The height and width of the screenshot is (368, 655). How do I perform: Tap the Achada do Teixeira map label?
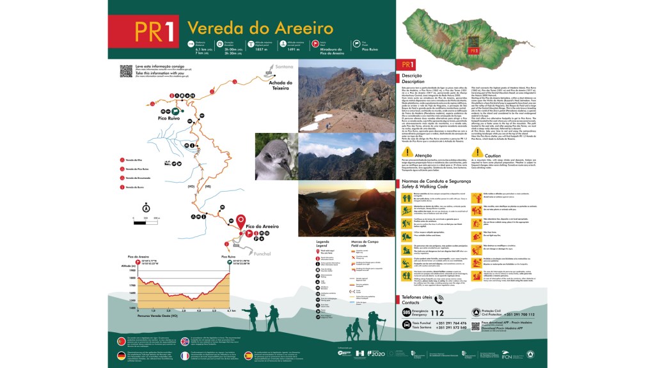pyautogui.click(x=280, y=86)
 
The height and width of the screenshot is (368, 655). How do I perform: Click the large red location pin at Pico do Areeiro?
pyautogui.click(x=241, y=222)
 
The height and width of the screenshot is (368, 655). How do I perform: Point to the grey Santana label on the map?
pyautogui.click(x=283, y=66)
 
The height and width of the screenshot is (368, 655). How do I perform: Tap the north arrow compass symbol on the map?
pyautogui.click(x=146, y=207)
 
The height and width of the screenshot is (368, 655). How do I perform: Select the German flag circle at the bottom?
pyautogui.click(x=121, y=355)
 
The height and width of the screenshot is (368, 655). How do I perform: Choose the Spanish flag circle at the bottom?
pyautogui.click(x=249, y=355)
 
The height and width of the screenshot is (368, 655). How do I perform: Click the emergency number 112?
pyautogui.click(x=437, y=313)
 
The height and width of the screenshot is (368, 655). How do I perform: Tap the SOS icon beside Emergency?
pyautogui.click(x=406, y=313)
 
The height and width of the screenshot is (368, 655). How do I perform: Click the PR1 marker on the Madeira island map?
pyautogui.click(x=474, y=50)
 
